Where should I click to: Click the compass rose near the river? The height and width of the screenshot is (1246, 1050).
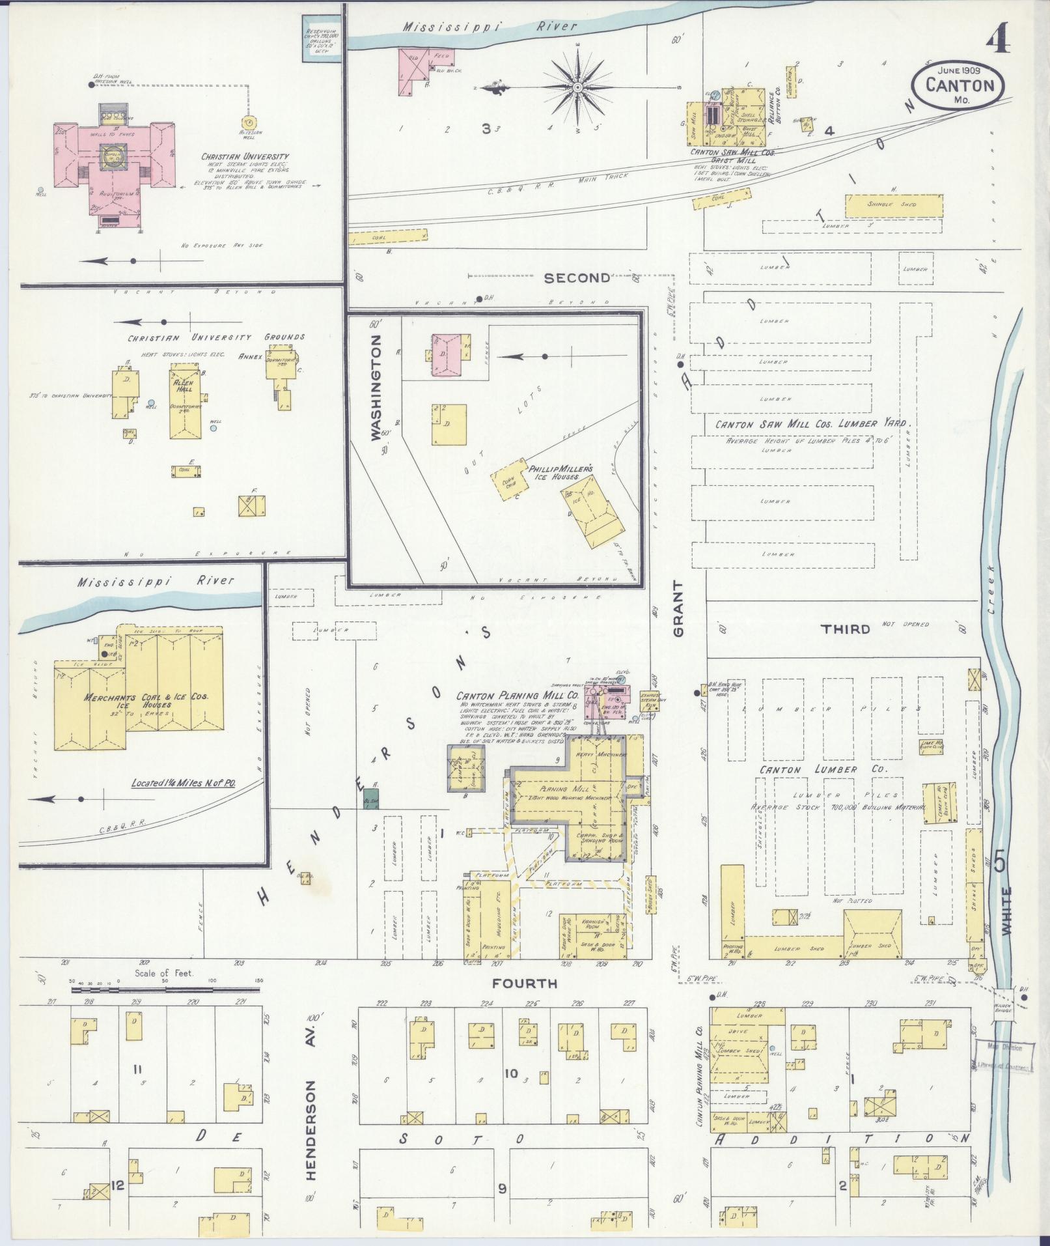(x=577, y=86)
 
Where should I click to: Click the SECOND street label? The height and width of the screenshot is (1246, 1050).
(x=577, y=278)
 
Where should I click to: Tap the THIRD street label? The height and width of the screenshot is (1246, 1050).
(x=846, y=629)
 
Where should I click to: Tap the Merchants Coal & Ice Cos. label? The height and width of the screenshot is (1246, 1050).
(x=146, y=700)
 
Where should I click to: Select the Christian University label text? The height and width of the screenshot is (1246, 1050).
(x=245, y=156)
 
